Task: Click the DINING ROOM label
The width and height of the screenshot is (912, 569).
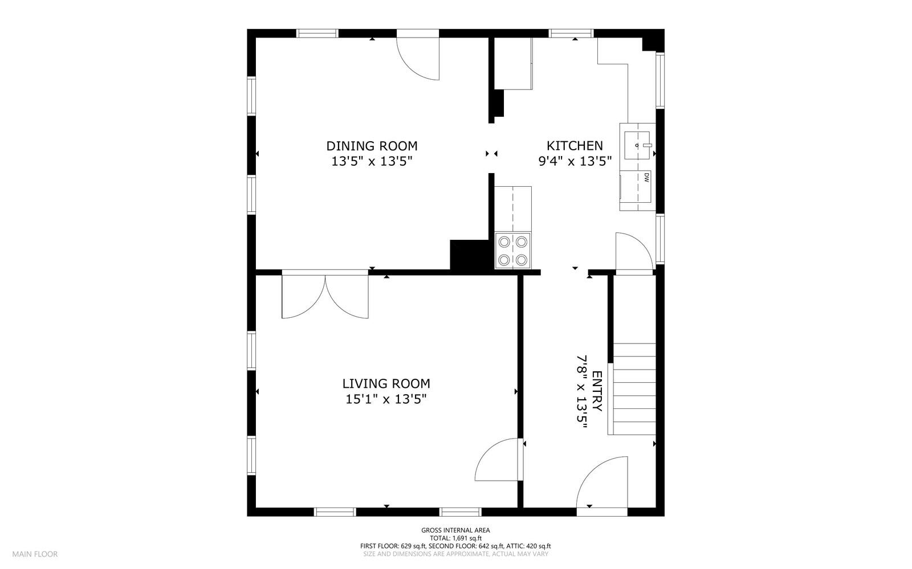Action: [372, 146]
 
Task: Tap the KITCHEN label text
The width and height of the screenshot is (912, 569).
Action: [575, 146]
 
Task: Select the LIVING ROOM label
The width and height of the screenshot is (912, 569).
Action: [386, 383]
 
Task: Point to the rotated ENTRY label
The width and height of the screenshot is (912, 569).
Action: [596, 391]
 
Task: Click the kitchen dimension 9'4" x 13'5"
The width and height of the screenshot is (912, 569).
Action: [575, 161]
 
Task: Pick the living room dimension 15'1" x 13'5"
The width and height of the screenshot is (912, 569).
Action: [386, 399]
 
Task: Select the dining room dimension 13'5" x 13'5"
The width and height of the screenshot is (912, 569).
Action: [372, 161]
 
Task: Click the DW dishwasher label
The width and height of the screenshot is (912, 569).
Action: [646, 177]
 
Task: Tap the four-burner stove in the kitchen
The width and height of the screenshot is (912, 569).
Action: [513, 251]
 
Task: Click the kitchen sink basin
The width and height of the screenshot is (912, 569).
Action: [637, 145]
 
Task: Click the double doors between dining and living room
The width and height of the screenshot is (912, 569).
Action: [325, 294]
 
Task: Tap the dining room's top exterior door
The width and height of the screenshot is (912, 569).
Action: [418, 55]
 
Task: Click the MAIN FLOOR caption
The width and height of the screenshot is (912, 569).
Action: [35, 554]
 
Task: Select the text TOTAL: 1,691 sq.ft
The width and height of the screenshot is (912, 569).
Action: [455, 538]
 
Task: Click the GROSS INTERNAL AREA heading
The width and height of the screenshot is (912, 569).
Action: [455, 530]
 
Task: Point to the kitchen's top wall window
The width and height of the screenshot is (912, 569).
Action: [571, 34]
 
